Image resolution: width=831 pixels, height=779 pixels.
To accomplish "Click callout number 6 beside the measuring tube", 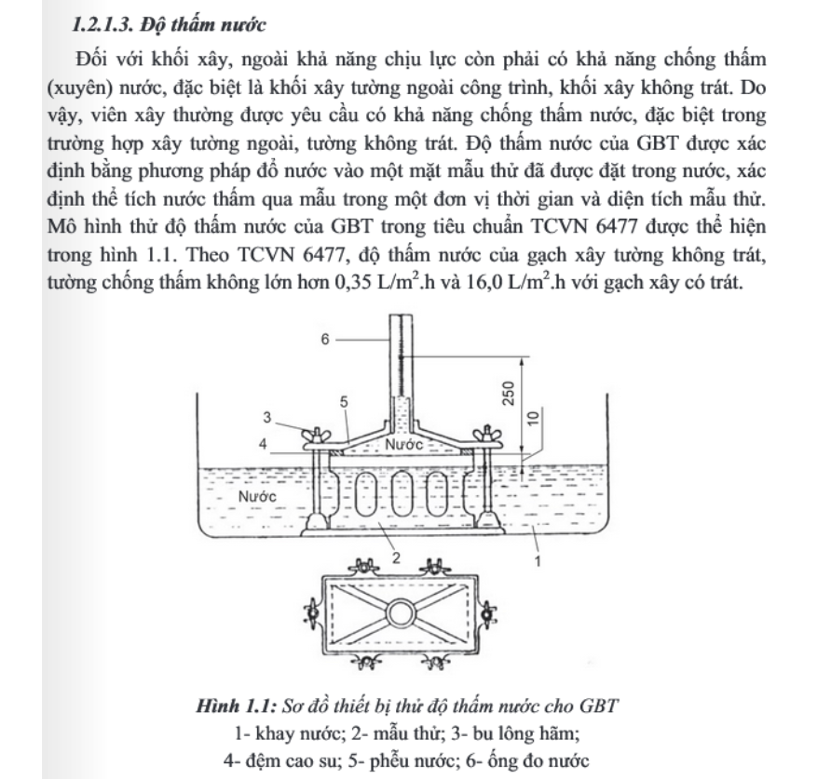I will click(324, 341).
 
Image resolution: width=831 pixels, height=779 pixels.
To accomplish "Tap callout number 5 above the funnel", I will click(344, 401).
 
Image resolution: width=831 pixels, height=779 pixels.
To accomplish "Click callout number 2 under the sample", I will click(395, 557).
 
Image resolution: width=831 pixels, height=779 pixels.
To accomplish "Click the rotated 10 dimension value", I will click(531, 420).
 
